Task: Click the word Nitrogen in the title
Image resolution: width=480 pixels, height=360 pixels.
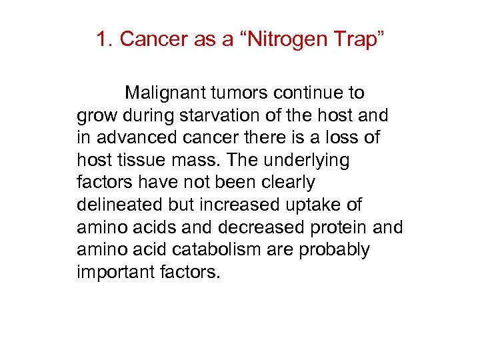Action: pyautogui.click(x=283, y=39)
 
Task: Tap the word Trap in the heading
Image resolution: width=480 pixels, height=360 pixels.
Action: pyautogui.click(x=358, y=39)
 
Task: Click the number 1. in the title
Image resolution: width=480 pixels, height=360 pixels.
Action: pyautogui.click(x=105, y=39)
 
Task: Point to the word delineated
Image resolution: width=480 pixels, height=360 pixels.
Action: pyautogui.click(x=120, y=205)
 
